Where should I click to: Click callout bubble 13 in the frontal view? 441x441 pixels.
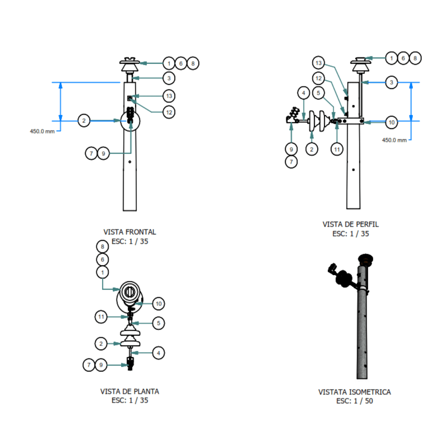(169, 96)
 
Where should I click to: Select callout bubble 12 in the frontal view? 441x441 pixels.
(169, 112)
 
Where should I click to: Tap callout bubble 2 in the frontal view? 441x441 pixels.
(84, 120)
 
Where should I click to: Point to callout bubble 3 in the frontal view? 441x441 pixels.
(169, 78)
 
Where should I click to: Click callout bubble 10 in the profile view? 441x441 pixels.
(392, 122)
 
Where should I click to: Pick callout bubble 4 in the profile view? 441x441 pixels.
(303, 93)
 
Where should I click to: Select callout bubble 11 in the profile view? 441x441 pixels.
(337, 149)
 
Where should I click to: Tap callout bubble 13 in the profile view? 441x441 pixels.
(318, 63)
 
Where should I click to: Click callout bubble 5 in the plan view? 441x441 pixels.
(158, 323)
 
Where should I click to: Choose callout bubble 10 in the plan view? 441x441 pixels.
(158, 304)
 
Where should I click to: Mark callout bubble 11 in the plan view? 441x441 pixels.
(101, 317)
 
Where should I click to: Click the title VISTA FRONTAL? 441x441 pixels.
(130, 232)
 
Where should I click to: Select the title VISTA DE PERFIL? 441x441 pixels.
(350, 225)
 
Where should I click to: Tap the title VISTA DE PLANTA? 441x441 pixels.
(130, 392)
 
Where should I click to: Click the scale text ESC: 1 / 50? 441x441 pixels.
(355, 401)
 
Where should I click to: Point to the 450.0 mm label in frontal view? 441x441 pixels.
(42, 131)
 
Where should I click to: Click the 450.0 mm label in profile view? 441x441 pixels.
(394, 140)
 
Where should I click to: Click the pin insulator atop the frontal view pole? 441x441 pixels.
(130, 65)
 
